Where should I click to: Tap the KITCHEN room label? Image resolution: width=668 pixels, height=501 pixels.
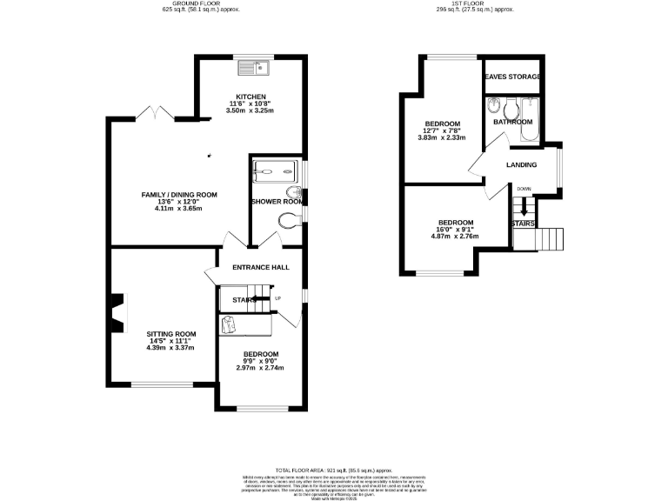[x=250, y=97]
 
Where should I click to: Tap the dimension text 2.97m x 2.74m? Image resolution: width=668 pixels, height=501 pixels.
[x=260, y=367]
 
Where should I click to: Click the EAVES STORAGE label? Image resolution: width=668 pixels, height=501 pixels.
[x=512, y=77]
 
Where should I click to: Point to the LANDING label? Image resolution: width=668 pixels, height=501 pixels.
[x=522, y=165]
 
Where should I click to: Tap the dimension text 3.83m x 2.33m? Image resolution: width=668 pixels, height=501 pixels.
[x=442, y=137]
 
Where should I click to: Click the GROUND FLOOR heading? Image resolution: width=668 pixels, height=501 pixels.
[x=190, y=3]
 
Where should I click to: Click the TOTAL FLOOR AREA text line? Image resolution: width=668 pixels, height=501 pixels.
[x=335, y=469]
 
